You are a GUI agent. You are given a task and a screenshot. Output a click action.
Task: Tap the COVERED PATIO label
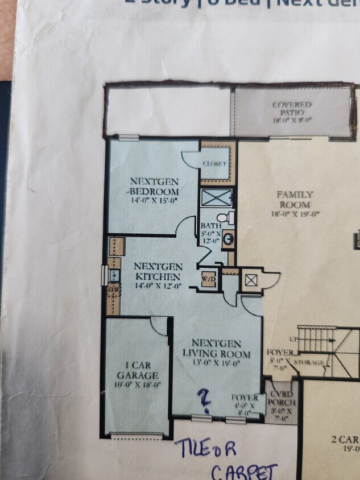291,109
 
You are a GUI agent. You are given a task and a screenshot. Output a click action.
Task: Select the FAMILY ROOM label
295,200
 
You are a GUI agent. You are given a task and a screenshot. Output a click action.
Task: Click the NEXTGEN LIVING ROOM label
216,348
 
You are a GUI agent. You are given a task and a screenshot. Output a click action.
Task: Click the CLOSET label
214,164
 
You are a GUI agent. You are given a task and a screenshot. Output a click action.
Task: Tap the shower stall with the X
216,198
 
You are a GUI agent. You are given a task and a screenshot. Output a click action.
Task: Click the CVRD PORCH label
281,402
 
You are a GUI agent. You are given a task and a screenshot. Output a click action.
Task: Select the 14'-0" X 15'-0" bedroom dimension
154,200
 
